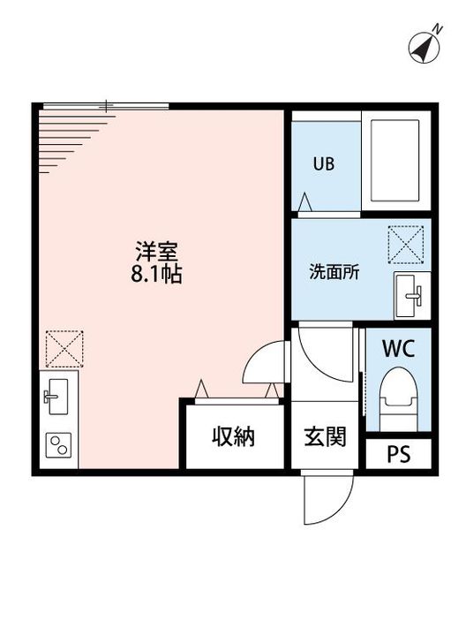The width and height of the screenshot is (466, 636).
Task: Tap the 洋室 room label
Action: [157, 250]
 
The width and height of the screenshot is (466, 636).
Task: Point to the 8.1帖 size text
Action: [157, 274]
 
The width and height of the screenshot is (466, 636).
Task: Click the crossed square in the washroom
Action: [407, 245]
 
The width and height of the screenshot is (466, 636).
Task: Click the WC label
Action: [397, 347]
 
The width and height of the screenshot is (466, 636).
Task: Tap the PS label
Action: [399, 454]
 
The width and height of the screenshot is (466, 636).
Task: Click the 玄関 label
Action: [326, 436]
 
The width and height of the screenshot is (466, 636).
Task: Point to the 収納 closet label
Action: [233, 436]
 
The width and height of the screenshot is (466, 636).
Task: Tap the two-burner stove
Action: [59, 444]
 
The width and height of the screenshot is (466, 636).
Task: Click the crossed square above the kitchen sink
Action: [64, 349]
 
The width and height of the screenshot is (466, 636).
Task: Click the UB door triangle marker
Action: [304, 202]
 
